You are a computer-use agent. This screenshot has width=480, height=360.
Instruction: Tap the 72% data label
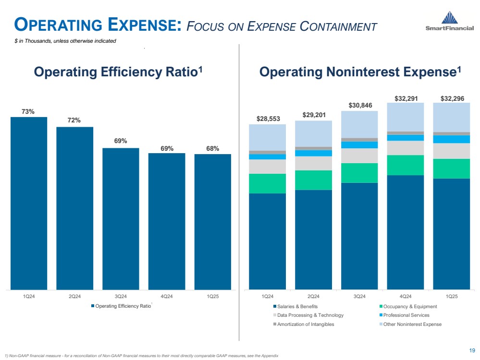coord(74,120)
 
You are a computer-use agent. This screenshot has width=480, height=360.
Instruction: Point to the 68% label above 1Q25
coord(213,148)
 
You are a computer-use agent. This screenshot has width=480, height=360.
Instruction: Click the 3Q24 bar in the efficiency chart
coord(121,218)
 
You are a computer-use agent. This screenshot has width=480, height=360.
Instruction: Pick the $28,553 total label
coord(267,118)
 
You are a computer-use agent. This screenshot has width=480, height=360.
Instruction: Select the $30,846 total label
coord(359,105)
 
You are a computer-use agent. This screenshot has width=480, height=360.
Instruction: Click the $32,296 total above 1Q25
coord(452,98)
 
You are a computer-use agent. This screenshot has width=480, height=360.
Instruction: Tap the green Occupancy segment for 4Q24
coord(405,165)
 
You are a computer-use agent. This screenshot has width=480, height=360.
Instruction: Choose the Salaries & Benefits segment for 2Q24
coord(313,240)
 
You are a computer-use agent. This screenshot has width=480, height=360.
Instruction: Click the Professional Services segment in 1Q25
coord(451,139)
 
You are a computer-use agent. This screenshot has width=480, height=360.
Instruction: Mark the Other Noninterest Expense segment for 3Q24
coord(359,124)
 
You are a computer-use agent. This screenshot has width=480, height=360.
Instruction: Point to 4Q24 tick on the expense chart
coord(405,296)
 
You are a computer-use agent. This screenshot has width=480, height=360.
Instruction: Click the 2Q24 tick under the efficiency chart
coord(74,296)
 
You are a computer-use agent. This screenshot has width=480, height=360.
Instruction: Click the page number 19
coord(471,350)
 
